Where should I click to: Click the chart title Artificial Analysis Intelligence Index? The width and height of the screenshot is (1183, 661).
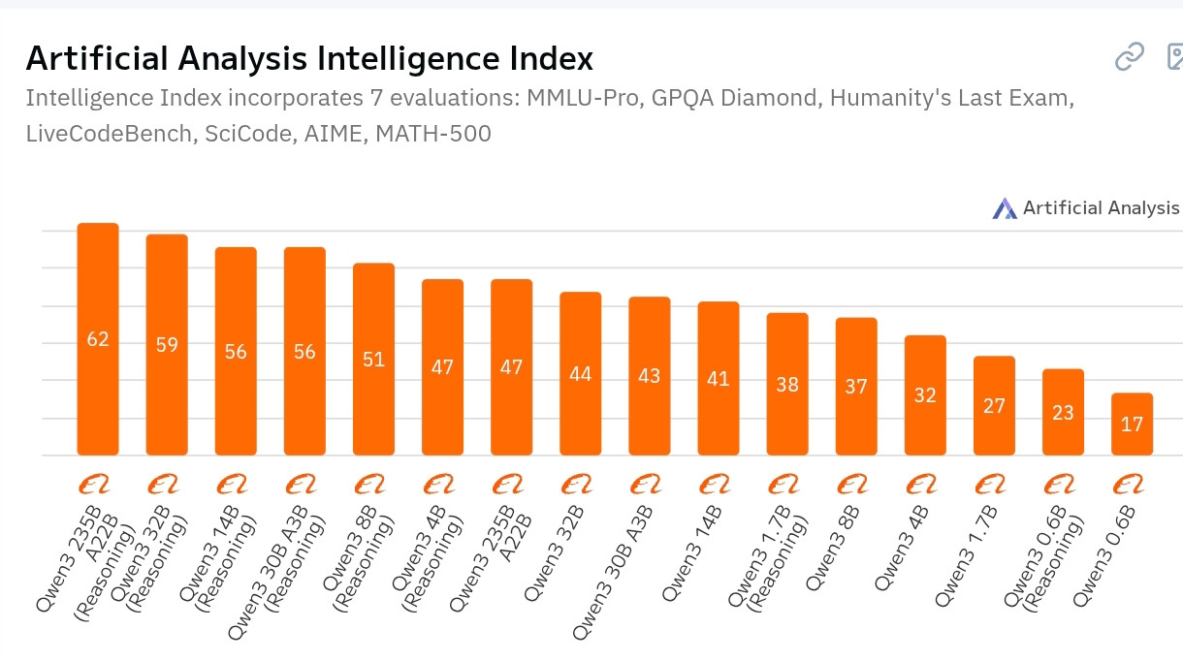(308, 59)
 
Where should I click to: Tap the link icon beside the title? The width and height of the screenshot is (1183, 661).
(1130, 58)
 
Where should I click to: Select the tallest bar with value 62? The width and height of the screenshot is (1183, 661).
(98, 339)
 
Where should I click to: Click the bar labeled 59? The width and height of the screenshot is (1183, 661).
(167, 344)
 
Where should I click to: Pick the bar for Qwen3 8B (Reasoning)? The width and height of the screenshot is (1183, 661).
(373, 359)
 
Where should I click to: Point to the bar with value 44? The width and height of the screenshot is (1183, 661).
(580, 373)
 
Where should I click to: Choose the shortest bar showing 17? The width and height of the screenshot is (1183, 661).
(1132, 424)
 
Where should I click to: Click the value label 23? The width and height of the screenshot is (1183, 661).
(1063, 412)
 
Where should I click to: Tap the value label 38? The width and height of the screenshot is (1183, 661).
(787, 384)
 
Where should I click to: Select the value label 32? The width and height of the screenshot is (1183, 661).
(925, 395)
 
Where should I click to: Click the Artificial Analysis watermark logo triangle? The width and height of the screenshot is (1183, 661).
(1005, 208)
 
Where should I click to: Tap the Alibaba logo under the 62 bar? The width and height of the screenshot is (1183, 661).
(97, 483)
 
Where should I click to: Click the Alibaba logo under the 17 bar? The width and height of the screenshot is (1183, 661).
(1132, 483)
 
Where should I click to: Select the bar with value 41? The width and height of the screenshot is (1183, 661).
(719, 378)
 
